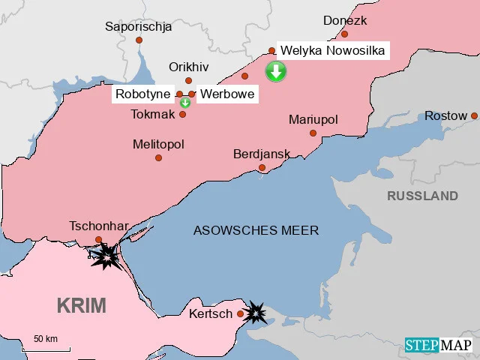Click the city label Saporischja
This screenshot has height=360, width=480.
(x=139, y=27)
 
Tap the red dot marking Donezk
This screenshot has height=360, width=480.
(x=344, y=34)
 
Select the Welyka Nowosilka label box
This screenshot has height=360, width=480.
(x=332, y=51)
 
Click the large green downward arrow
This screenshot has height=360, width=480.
(x=276, y=72)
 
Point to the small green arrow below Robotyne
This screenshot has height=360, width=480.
(x=184, y=103)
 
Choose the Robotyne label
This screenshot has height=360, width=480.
(x=143, y=94)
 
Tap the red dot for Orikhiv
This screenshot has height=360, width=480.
(x=188, y=80)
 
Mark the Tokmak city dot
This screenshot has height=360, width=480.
(x=182, y=114)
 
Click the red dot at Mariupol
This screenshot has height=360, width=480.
(x=313, y=133)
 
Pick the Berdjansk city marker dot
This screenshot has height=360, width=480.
(x=262, y=167)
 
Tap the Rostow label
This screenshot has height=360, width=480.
(x=445, y=115)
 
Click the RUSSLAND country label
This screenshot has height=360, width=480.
(x=422, y=196)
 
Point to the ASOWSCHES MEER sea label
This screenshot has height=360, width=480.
(x=256, y=230)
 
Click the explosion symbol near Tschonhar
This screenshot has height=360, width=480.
(x=106, y=257)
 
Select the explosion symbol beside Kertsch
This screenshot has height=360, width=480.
(x=256, y=313)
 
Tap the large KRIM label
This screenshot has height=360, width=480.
(x=82, y=305)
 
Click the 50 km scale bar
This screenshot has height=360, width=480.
(x=46, y=348)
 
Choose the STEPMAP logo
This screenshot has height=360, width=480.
(x=439, y=345)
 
